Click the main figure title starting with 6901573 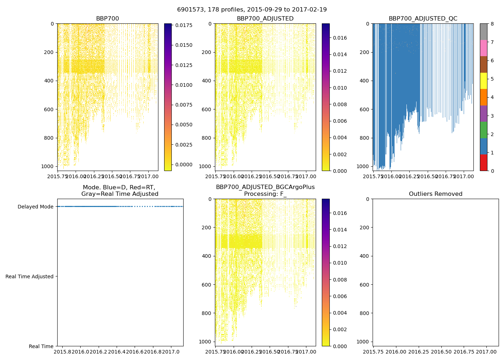(252, 10)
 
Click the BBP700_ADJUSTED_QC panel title (423, 19)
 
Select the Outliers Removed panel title (436, 194)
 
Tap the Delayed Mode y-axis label (35, 207)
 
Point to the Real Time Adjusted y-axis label (30, 276)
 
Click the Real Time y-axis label (41, 346)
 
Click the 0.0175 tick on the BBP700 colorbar (184, 25)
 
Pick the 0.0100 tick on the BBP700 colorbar (184, 85)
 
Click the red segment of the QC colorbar (483, 162)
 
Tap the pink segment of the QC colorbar (483, 48)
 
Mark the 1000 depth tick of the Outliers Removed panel (365, 342)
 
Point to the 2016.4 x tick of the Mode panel (117, 351)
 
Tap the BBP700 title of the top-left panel (107, 19)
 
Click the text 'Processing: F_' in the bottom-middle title (265, 194)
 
